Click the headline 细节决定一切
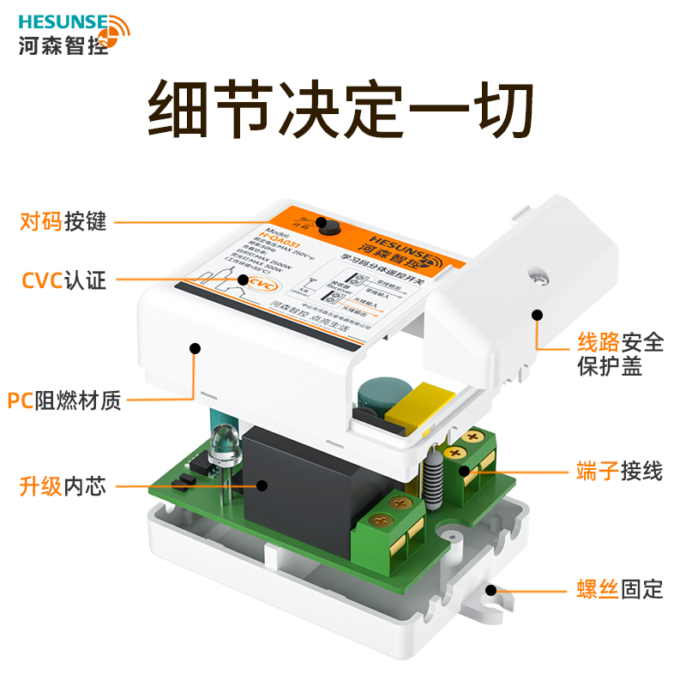pyautogui.click(x=342, y=110)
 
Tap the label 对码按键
pyautogui.click(x=63, y=222)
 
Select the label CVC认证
pyautogui.click(x=63, y=280)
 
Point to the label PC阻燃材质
pyautogui.click(x=64, y=400)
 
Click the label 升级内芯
pyautogui.click(x=63, y=486)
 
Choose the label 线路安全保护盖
pyautogui.click(x=619, y=355)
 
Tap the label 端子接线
pyautogui.click(x=619, y=471)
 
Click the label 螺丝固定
pyautogui.click(x=619, y=590)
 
